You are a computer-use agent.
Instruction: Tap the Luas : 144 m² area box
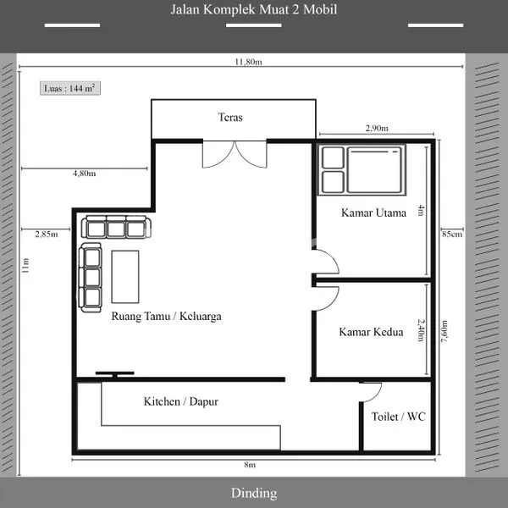(x=70, y=87)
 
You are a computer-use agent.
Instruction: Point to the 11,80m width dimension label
(x=248, y=62)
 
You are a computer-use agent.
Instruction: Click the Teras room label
(x=230, y=118)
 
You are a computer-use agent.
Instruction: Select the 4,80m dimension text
(x=84, y=174)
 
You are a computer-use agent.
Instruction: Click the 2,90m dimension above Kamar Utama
(x=377, y=129)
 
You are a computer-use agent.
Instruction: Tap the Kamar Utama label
(x=373, y=213)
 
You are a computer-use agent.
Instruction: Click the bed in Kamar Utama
(x=376, y=168)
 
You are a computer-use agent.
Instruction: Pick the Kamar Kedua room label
(x=371, y=332)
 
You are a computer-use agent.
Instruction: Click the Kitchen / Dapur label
(x=180, y=401)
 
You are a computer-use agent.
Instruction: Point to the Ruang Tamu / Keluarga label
(x=167, y=317)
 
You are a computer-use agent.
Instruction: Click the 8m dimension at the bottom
(x=250, y=465)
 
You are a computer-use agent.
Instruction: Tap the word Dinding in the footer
(x=254, y=493)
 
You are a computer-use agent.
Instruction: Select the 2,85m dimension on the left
(x=46, y=234)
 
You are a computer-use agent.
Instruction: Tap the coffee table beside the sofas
(x=125, y=276)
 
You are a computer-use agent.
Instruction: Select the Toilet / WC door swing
(x=370, y=390)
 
